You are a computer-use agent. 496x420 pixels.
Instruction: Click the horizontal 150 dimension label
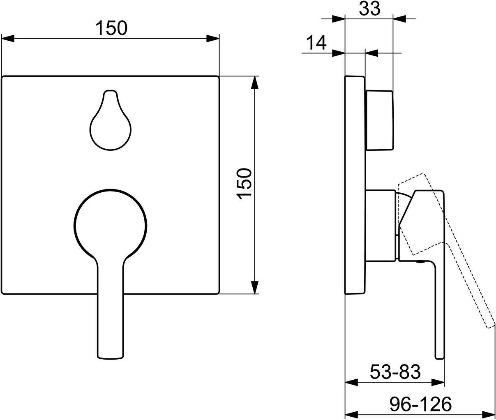click(111, 28)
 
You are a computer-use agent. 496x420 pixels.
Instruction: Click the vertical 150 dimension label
click(245, 184)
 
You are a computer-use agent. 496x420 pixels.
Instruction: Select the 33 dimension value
click(369, 9)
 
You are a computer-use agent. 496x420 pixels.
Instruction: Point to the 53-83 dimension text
click(395, 372)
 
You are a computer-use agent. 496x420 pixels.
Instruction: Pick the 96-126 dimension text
click(420, 404)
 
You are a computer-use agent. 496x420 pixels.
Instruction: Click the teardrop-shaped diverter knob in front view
click(111, 125)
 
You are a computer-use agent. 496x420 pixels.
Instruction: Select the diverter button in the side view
click(379, 120)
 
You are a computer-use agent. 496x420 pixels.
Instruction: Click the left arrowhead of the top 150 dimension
click(8, 39)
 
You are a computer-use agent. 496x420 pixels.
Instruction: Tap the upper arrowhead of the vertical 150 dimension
click(255, 82)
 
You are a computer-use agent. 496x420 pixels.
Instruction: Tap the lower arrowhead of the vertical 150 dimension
click(255, 287)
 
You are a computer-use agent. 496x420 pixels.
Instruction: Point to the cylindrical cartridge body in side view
click(381, 225)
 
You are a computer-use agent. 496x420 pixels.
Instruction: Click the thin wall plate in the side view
click(355, 185)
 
